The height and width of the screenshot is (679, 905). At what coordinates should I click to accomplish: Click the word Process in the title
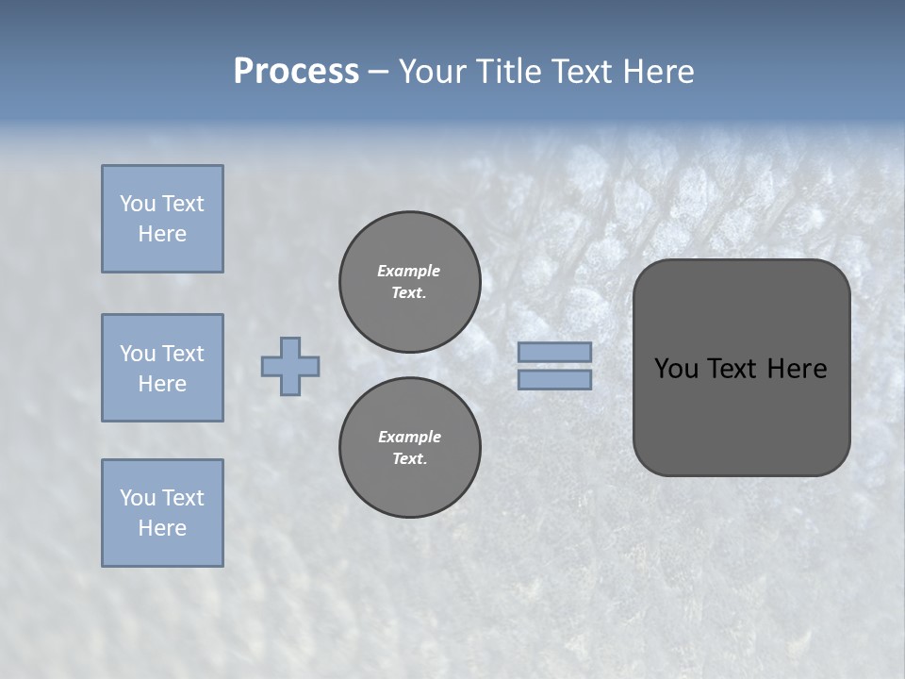pos(296,72)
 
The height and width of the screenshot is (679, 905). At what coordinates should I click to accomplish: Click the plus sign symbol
pos(290,366)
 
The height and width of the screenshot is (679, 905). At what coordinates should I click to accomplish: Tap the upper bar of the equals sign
pos(555,353)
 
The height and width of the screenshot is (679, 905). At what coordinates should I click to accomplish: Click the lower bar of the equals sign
pos(555,379)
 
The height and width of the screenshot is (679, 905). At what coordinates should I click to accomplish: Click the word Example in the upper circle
pos(409,271)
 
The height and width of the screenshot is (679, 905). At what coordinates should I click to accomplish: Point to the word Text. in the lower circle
pos(409,459)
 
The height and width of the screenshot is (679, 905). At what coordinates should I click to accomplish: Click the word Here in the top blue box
pos(162,234)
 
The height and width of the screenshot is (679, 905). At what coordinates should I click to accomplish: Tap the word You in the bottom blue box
pos(138,498)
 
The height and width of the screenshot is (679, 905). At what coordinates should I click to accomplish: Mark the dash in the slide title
pos(379,72)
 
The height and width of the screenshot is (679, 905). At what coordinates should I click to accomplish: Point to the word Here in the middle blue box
pos(162,384)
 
